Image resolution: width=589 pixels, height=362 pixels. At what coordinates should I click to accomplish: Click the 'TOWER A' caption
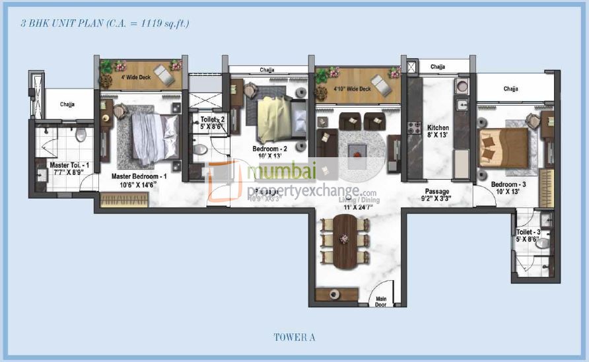pyautogui.click(x=294, y=338)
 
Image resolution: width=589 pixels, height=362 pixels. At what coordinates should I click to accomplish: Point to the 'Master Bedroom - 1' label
pyautogui.click(x=139, y=176)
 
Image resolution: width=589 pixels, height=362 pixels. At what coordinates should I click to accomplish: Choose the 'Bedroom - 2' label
pyautogui.click(x=269, y=149)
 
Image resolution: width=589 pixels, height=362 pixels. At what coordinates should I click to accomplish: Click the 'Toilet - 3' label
pyautogui.click(x=530, y=233)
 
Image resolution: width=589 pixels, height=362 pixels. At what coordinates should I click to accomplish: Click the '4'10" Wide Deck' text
pyautogui.click(x=351, y=88)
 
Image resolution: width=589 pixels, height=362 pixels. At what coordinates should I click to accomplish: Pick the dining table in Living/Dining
pyautogui.click(x=344, y=241)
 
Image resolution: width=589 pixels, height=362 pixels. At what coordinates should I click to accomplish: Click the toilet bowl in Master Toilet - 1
pyautogui.click(x=81, y=135)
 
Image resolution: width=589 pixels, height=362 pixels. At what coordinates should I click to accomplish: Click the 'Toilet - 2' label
pyautogui.click(x=213, y=120)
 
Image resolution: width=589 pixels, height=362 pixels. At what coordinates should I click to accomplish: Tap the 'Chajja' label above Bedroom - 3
pyautogui.click(x=510, y=89)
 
